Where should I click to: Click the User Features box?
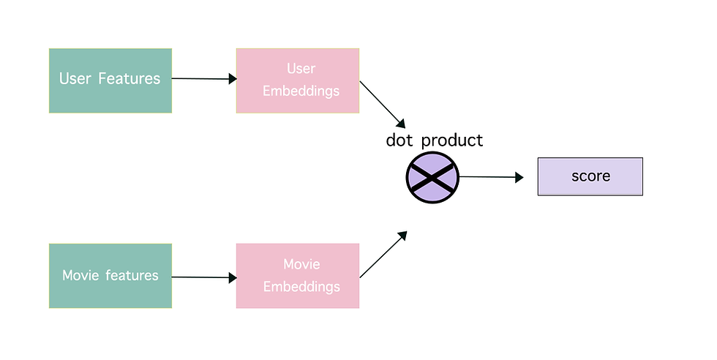(x=110, y=80)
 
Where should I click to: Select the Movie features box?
(x=110, y=276)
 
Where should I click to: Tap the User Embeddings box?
(x=298, y=80)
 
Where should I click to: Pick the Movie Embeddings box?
(x=298, y=276)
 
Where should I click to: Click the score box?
(x=590, y=176)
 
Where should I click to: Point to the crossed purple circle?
(x=432, y=178)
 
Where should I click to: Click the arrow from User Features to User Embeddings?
(x=204, y=79)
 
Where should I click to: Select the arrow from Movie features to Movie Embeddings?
(x=204, y=277)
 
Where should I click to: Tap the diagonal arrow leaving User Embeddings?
(x=383, y=105)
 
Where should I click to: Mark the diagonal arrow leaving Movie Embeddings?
(x=383, y=255)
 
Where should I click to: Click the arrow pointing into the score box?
(x=491, y=177)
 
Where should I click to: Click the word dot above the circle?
(x=399, y=140)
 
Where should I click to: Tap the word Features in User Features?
(x=129, y=79)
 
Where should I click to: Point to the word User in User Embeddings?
(x=301, y=69)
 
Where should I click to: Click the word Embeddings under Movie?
(x=301, y=287)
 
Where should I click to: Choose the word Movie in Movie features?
(x=80, y=275)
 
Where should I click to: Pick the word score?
(x=591, y=176)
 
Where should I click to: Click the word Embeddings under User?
(x=301, y=91)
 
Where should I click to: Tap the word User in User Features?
(x=75, y=79)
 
